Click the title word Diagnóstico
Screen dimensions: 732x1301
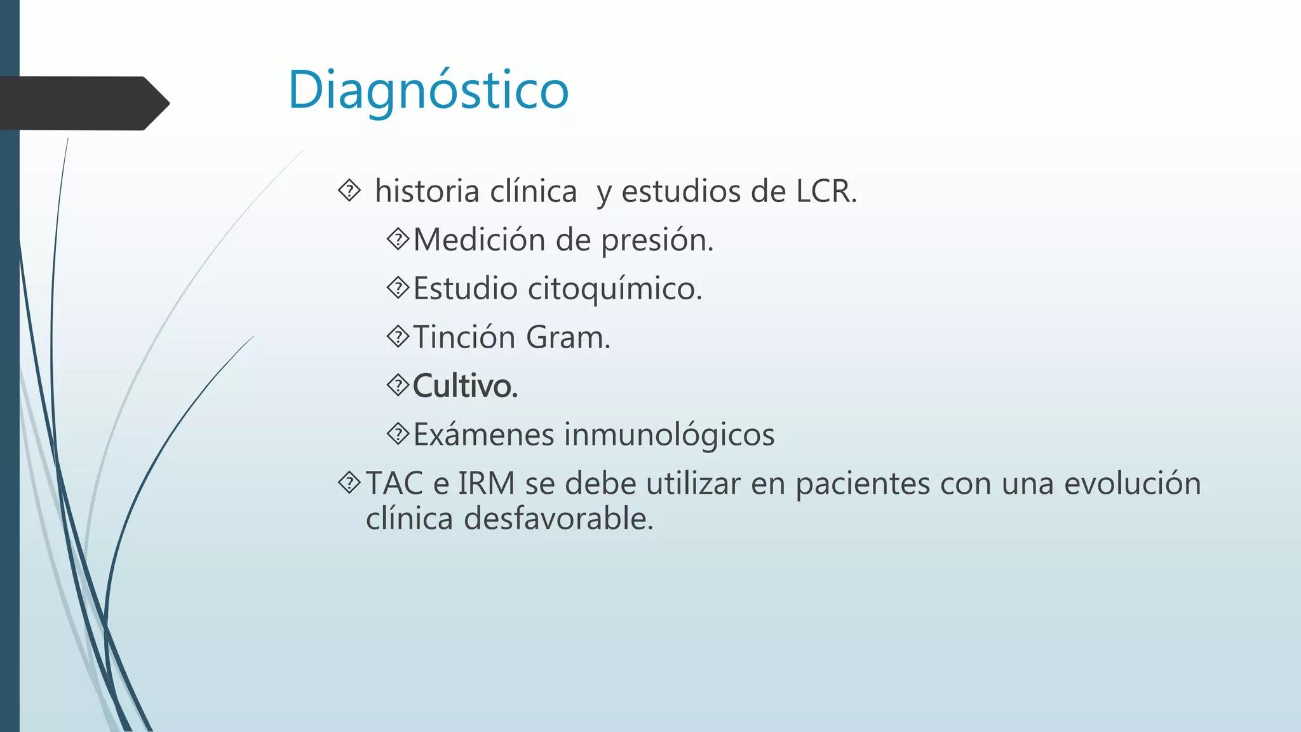pos(428,90)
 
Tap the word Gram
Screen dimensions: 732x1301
pos(568,337)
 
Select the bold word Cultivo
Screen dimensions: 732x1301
pos(465,386)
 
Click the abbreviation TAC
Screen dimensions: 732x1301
pos(394,484)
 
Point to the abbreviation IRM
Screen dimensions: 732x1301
pos(486,484)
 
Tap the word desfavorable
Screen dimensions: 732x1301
pos(558,519)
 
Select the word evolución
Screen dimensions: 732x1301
pos(1132,484)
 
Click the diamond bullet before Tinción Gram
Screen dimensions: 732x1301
pos(398,336)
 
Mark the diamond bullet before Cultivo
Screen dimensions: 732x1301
pos(398,385)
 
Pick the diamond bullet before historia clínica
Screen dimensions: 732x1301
pos(349,190)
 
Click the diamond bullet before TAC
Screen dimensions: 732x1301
pos(349,483)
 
